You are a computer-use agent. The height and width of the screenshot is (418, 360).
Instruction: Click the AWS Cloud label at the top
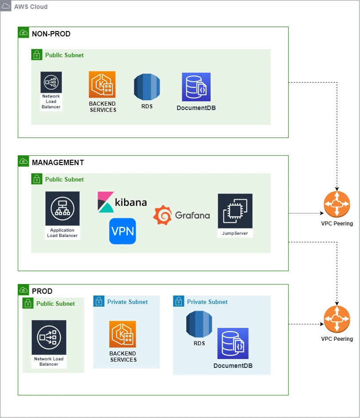click(31, 7)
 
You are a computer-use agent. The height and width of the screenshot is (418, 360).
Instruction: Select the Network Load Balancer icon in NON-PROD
click(51, 83)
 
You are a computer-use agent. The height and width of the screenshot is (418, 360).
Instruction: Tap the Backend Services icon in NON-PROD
click(102, 85)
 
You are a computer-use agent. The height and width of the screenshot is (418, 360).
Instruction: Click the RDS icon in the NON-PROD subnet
click(147, 87)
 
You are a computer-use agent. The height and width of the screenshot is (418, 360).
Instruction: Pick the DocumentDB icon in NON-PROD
click(196, 87)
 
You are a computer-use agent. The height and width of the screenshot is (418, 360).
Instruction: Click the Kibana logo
click(122, 202)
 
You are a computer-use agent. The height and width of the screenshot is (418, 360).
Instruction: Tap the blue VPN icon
click(122, 231)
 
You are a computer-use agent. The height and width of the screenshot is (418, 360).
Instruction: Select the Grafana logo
click(181, 215)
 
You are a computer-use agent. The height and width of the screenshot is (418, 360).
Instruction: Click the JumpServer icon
click(235, 211)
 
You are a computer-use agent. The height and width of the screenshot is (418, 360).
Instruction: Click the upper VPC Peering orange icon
click(337, 205)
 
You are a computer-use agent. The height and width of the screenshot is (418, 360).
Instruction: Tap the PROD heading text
click(42, 291)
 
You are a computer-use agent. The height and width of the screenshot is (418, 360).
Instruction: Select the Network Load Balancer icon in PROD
click(49, 338)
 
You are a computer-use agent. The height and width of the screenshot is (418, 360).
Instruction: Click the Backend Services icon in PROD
click(123, 334)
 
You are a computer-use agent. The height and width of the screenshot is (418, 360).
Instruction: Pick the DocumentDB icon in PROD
click(233, 343)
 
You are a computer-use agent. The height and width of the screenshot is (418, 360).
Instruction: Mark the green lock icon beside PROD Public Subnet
click(28, 304)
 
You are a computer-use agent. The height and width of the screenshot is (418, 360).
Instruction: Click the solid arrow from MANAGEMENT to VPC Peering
click(306, 213)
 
